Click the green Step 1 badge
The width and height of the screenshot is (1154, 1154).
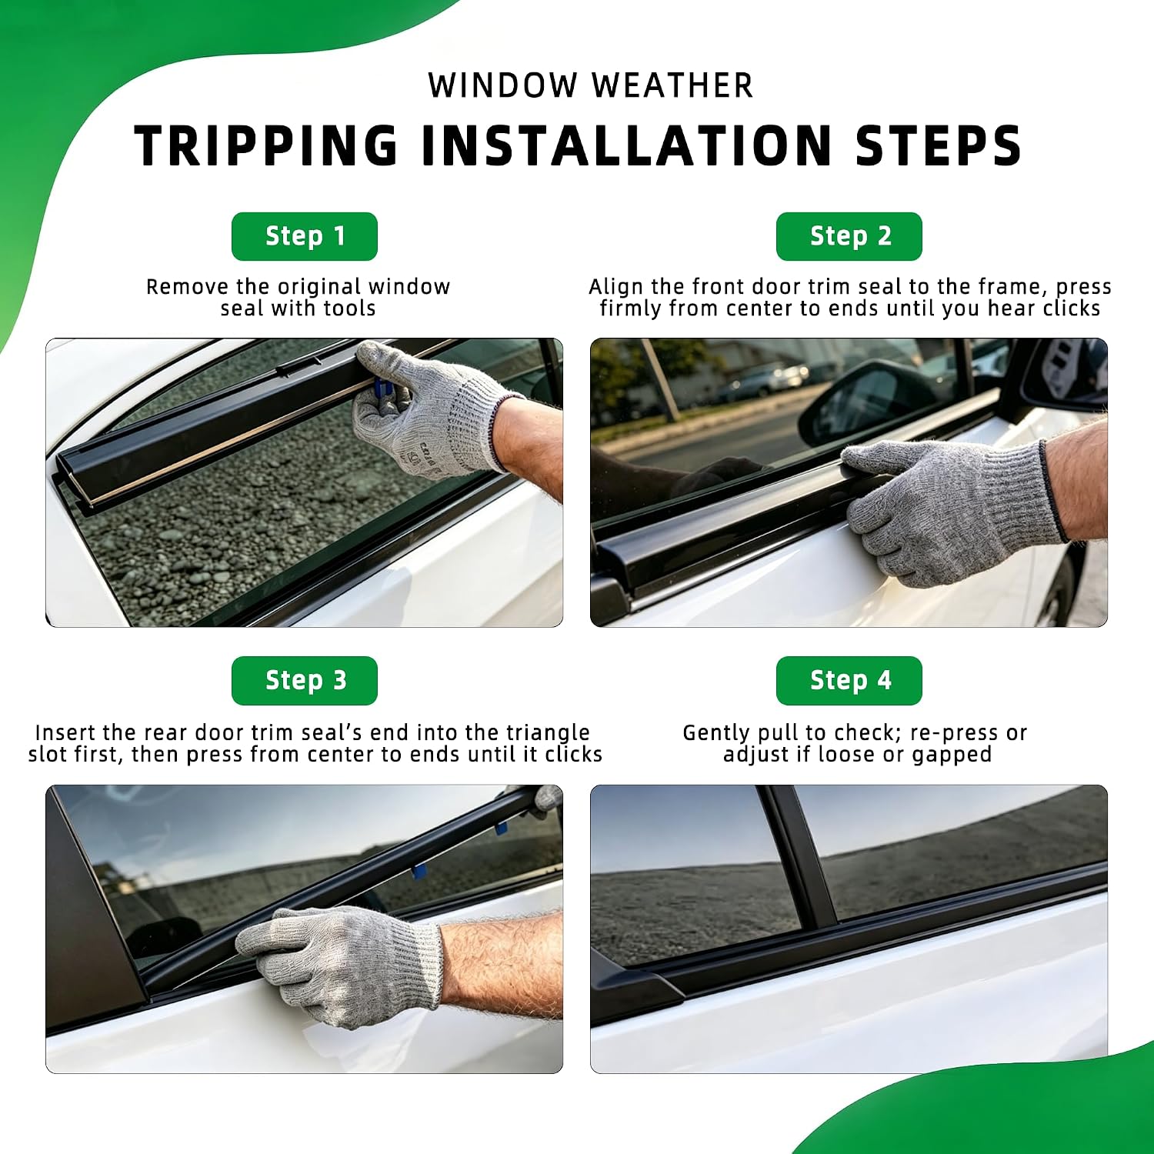point(305,236)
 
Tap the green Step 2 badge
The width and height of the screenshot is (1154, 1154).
point(849,236)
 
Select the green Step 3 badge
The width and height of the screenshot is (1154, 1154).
point(305,681)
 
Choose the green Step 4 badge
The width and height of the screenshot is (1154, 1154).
point(849,681)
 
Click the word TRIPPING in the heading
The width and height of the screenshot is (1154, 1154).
point(266,145)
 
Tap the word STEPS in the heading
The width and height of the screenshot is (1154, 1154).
point(939,145)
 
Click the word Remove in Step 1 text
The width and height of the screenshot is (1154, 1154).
point(187,287)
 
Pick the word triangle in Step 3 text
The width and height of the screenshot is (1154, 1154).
point(548,733)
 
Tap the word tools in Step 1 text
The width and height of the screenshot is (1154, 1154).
point(349,309)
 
